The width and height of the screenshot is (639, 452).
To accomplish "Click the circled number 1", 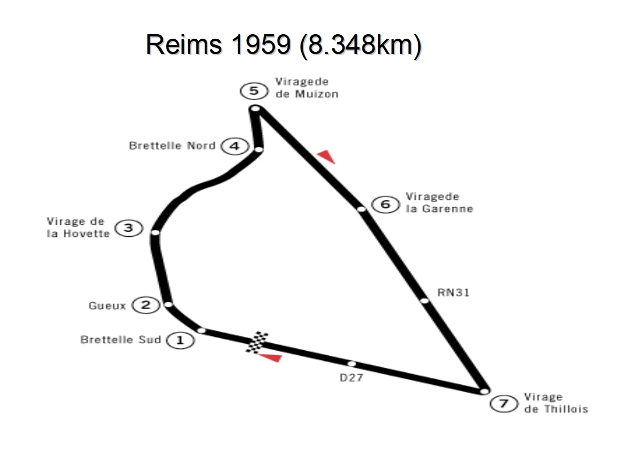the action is [x=180, y=340].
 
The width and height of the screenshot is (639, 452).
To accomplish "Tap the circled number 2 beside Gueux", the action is [x=146, y=306].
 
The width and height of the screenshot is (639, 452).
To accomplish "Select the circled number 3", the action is [x=129, y=228].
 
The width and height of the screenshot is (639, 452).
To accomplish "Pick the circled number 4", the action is [x=234, y=146].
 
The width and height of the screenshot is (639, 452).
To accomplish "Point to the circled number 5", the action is [x=254, y=91].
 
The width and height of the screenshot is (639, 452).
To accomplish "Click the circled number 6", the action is [x=385, y=203].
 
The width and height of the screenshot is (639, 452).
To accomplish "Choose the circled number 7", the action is [x=502, y=404].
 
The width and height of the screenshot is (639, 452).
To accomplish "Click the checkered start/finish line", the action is [x=258, y=342].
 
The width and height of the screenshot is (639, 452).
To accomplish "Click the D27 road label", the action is [x=352, y=377].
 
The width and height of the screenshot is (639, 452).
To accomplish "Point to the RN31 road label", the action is [x=454, y=293].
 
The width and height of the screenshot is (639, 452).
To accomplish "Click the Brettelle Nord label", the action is [x=172, y=146].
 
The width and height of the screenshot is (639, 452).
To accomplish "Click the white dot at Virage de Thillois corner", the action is [x=484, y=392].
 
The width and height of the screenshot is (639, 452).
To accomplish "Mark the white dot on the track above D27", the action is [x=351, y=363].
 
